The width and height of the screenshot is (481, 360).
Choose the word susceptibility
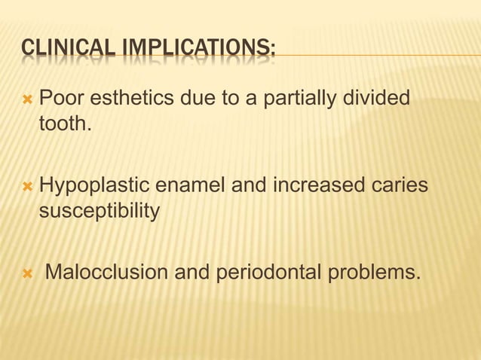99,211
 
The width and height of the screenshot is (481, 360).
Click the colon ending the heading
272,53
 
